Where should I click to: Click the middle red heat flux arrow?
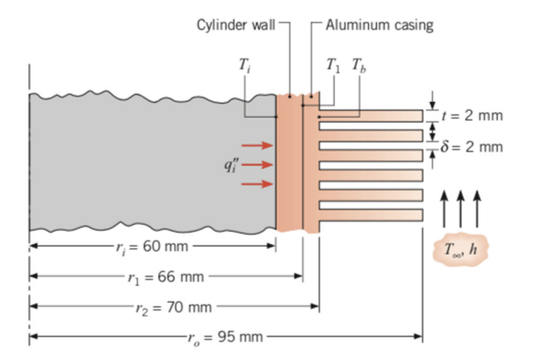[x=255, y=163]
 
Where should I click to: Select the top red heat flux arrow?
[x=255, y=145]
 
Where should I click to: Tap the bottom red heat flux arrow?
[x=255, y=182]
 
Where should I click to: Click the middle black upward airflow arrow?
[x=461, y=206]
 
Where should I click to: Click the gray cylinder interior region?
[x=136, y=162]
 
